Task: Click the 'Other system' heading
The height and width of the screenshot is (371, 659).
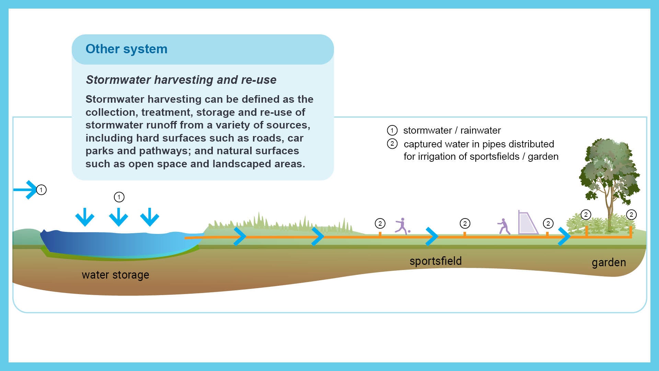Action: click(126, 49)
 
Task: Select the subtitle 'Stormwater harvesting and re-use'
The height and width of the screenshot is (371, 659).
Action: click(181, 80)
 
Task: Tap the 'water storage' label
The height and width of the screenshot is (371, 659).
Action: click(115, 275)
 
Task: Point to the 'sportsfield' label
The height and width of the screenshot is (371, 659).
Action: click(435, 261)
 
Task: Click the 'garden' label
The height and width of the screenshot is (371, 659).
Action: click(609, 262)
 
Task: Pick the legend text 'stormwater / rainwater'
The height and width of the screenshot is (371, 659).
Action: click(452, 131)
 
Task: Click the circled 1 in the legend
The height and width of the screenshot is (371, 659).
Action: click(392, 131)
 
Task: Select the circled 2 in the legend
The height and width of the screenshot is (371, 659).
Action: click(392, 144)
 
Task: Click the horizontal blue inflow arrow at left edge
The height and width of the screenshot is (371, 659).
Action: click(25, 190)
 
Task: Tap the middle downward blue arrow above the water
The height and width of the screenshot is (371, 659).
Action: click(118, 217)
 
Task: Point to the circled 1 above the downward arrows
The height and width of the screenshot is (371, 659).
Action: click(119, 197)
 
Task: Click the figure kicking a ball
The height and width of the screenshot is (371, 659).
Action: click(402, 226)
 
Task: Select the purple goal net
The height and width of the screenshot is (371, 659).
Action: click(527, 223)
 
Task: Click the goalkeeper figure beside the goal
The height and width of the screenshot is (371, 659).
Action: click(503, 226)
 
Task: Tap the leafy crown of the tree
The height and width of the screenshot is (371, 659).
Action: click(609, 168)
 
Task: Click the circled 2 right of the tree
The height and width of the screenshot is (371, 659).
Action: click(631, 215)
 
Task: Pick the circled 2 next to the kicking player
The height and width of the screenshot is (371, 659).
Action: click(380, 224)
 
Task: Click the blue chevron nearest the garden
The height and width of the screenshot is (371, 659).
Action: click(564, 236)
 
